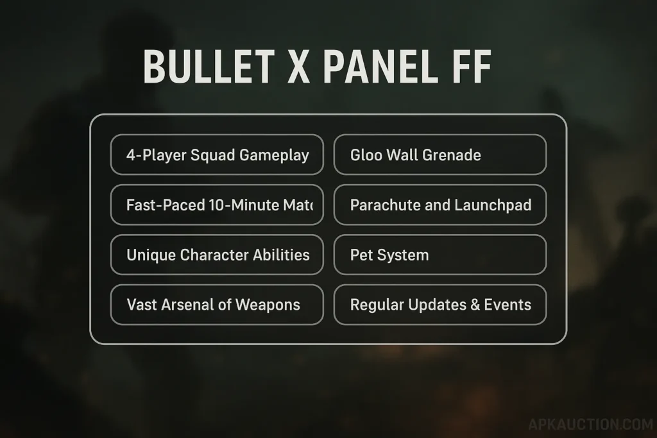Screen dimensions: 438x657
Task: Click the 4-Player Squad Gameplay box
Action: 217,155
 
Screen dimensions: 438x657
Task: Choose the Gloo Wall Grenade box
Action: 440,155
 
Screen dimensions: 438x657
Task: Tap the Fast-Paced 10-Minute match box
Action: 217,205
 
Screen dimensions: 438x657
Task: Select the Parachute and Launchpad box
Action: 440,205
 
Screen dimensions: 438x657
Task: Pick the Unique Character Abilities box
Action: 217,255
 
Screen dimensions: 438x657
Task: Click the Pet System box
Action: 440,255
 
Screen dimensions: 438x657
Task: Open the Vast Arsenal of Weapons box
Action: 217,305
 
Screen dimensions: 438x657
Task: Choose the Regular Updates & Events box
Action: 440,305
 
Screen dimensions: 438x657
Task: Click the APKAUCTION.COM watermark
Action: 590,425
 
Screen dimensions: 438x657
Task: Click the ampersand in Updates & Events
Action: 475,305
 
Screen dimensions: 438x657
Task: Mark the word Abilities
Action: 280,255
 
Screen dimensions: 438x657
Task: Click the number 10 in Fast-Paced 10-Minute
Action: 216,205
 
